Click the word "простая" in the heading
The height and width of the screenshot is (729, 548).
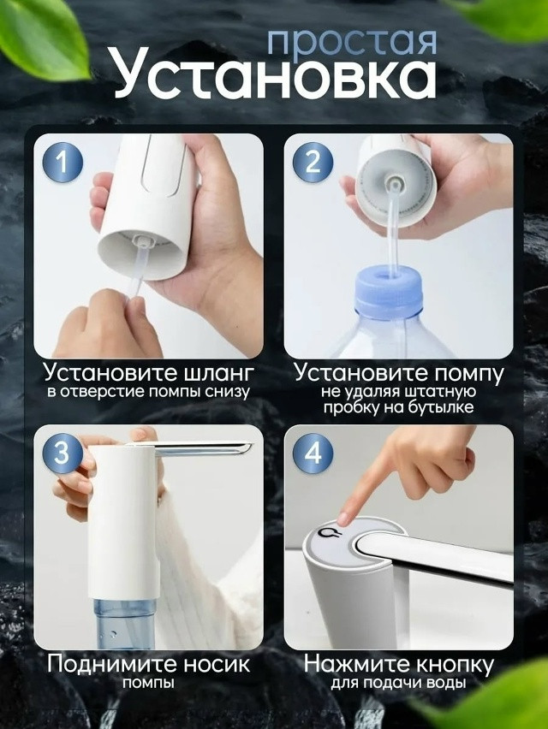352,40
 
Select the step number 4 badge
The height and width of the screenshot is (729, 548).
313,453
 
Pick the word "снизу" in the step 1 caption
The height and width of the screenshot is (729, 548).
224,393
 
